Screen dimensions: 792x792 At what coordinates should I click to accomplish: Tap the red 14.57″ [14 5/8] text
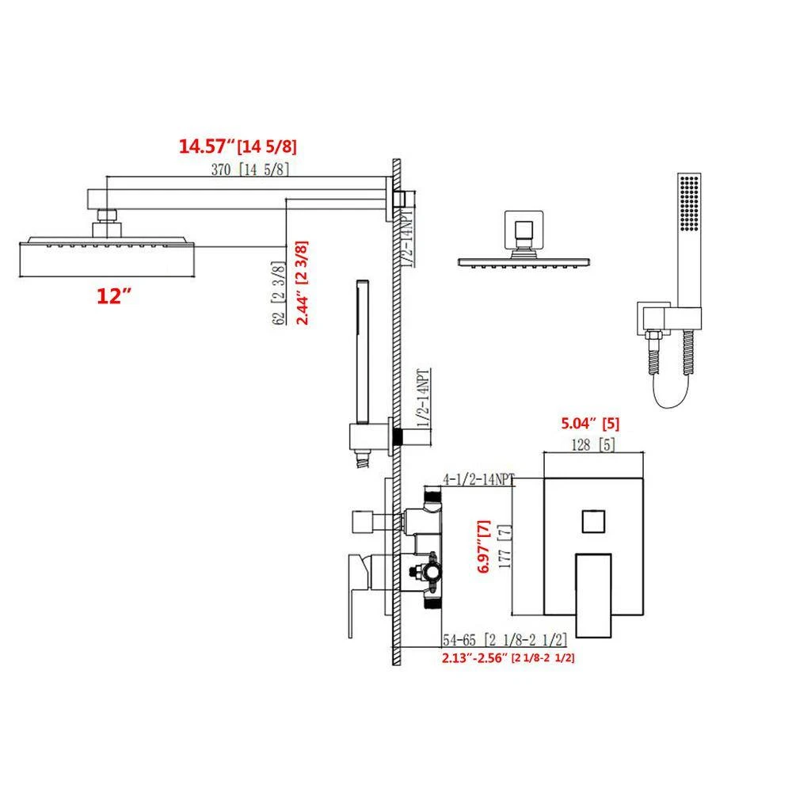(x=238, y=147)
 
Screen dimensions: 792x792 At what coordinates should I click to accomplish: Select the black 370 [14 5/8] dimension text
(x=250, y=169)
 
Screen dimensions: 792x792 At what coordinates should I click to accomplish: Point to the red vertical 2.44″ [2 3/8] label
(x=302, y=283)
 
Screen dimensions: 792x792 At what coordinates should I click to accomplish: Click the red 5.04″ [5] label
(x=590, y=423)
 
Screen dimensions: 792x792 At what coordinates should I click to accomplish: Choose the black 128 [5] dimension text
(x=593, y=445)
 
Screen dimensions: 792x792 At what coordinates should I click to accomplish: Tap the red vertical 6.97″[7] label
(x=483, y=546)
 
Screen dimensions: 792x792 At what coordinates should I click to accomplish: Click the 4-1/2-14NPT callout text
(x=478, y=479)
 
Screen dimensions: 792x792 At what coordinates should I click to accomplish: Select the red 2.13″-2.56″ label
(x=474, y=658)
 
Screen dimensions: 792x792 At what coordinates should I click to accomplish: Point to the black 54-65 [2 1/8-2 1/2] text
(x=505, y=641)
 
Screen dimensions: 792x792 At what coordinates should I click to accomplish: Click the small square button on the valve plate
(x=593, y=521)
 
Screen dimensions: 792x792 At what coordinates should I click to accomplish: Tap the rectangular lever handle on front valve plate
(x=593, y=596)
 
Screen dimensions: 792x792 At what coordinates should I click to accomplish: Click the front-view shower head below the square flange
(x=524, y=263)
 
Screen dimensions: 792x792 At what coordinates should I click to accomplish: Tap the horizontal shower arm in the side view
(x=239, y=200)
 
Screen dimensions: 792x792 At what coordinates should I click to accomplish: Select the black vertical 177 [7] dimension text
(x=505, y=546)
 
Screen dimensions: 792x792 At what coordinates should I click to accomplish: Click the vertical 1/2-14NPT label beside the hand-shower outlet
(x=424, y=399)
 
